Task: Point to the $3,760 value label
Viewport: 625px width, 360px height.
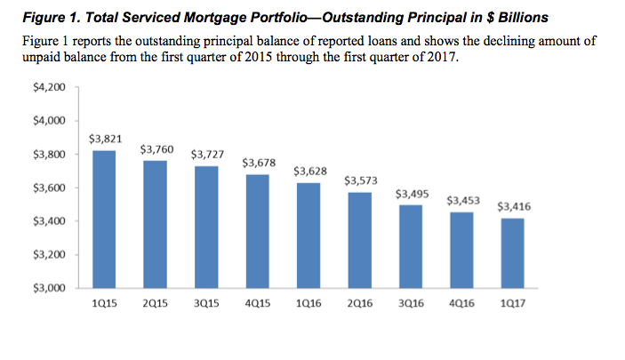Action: [x=156, y=149]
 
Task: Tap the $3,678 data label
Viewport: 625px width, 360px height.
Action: [x=258, y=164]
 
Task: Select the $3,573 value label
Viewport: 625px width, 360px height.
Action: [x=360, y=180]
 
